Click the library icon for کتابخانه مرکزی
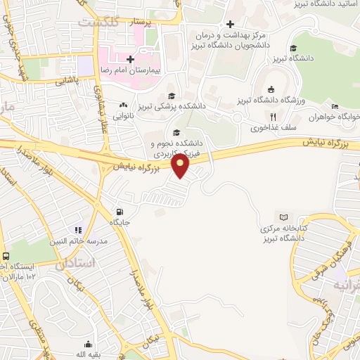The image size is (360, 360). coord(284,217)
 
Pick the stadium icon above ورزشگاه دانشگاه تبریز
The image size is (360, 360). coord(271,89)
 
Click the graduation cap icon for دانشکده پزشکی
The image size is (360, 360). coord(170,96)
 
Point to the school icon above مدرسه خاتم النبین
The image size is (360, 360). coord(79,229)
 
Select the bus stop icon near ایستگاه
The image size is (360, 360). coord(6,257)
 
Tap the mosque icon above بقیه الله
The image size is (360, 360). coord(88,344)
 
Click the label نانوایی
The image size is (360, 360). coord(125,115)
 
